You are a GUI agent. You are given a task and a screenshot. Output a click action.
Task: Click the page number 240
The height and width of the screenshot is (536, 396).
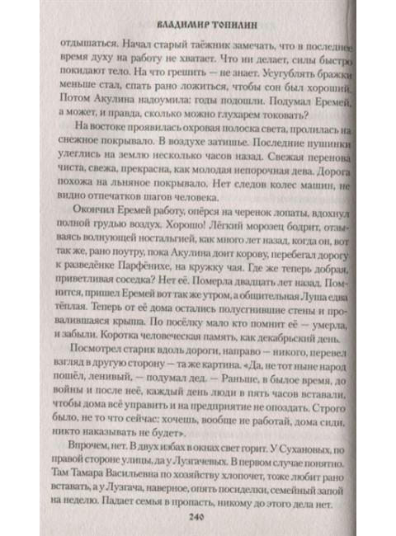pos(196,515)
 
